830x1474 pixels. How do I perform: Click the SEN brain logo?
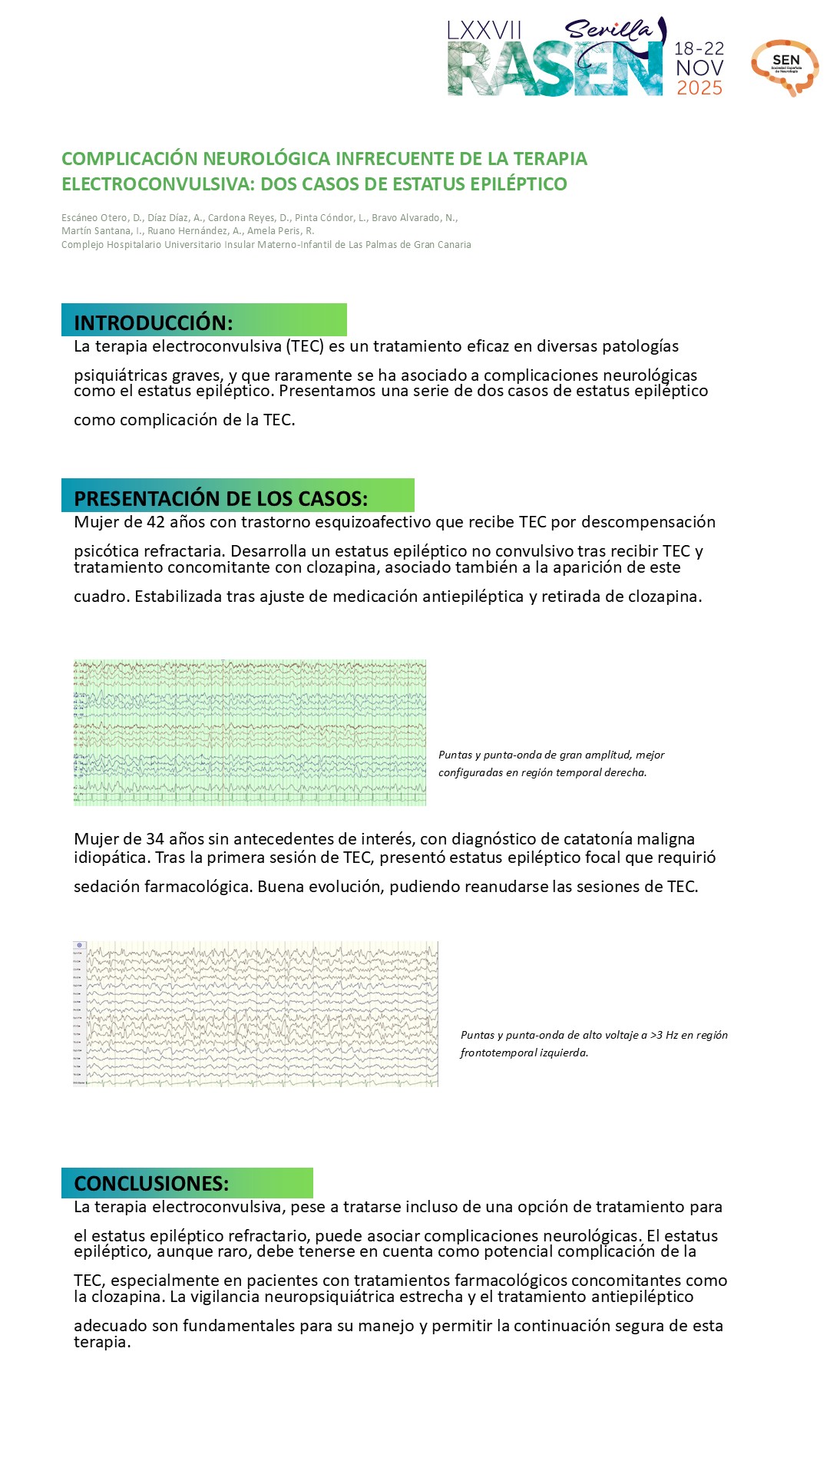pos(785,67)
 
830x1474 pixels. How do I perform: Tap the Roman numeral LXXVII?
pos(484,31)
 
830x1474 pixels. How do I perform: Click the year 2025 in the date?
pos(699,88)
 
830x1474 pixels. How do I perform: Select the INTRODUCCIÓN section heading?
pos(154,322)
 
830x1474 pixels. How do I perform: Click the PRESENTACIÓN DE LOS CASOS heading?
pos(220,498)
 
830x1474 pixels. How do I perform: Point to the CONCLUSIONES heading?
pos(151,1183)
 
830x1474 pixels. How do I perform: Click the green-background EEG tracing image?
pos(250,732)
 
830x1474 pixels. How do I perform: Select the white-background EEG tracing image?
pos(256,1013)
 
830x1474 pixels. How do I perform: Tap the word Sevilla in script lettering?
pos(608,30)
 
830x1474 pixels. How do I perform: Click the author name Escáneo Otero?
pos(94,218)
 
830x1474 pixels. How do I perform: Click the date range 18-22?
pos(699,48)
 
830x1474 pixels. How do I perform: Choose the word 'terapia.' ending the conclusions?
pos(102,1342)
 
